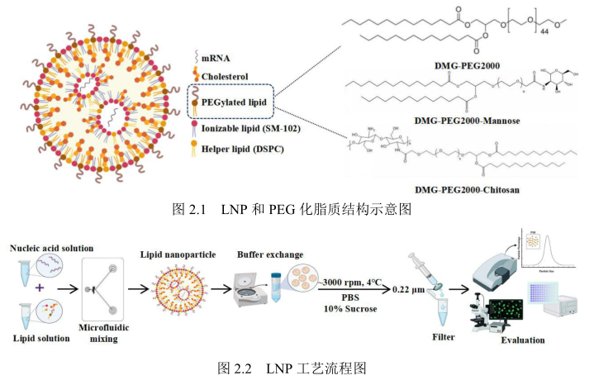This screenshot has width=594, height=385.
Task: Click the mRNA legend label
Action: [x=215, y=59]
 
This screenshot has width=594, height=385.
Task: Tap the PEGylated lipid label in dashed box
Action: [x=235, y=102]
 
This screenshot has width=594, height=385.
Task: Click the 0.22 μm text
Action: [x=407, y=290]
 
